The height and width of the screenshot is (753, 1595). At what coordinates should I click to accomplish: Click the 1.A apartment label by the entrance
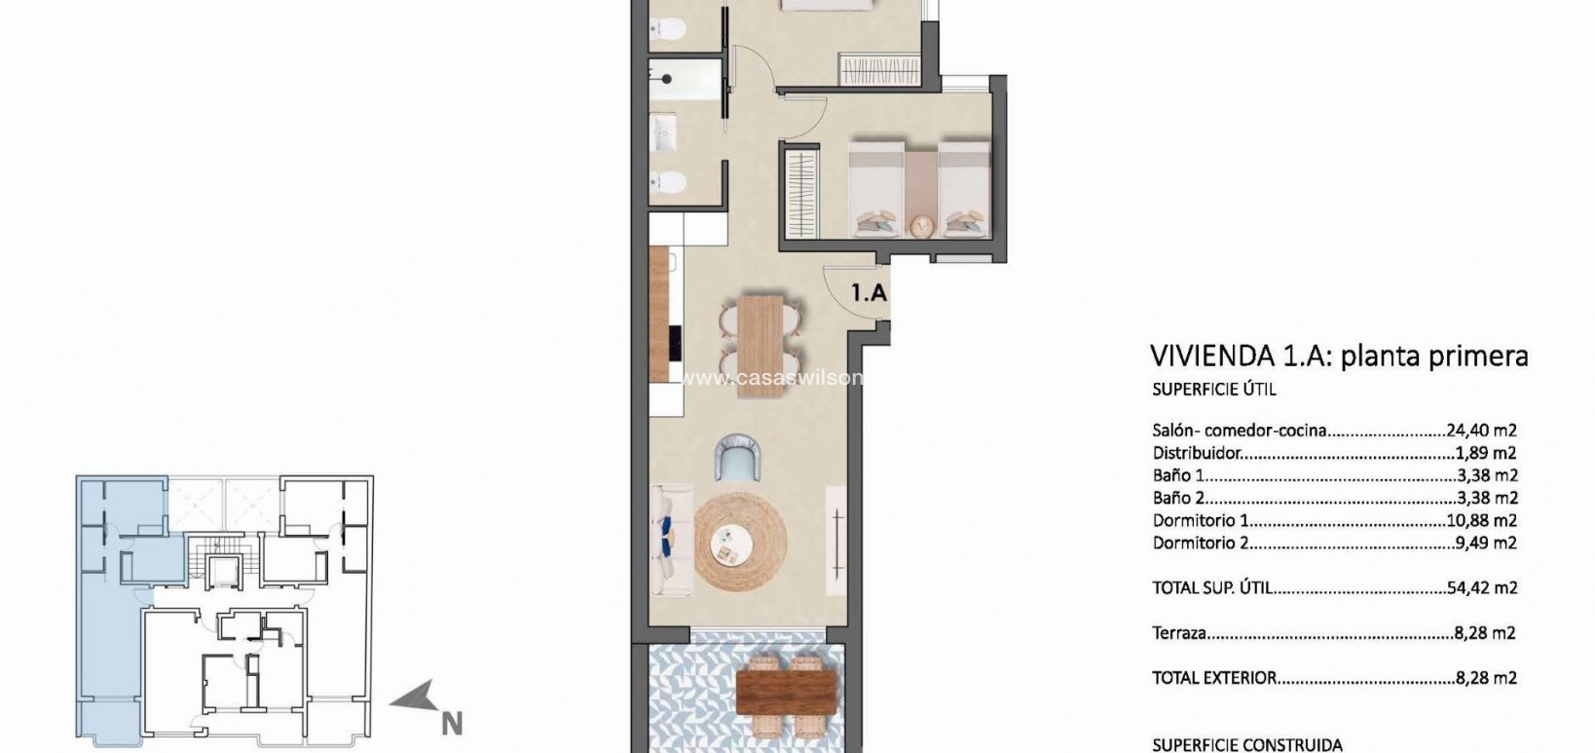point(869,292)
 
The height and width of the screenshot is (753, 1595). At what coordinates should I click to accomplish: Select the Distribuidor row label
point(1197,453)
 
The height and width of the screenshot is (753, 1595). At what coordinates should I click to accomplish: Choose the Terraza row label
point(1179,633)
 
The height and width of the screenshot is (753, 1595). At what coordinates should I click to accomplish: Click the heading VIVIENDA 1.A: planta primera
point(1338,356)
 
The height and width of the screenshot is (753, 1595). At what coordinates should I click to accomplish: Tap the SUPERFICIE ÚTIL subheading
point(1213,390)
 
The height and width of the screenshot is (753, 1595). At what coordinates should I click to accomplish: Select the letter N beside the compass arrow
point(451,724)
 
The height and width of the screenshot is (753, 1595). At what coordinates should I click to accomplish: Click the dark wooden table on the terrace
point(787,694)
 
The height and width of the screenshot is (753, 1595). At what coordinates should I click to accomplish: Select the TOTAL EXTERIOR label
point(1213,678)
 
